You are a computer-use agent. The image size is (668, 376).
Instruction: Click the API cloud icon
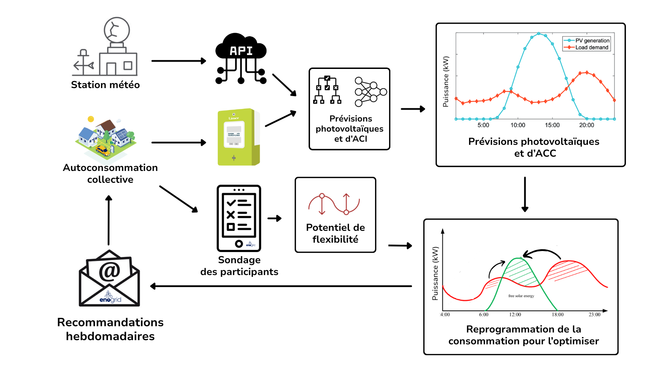[x=241, y=57]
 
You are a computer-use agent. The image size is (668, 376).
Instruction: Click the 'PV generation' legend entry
[x=592, y=40]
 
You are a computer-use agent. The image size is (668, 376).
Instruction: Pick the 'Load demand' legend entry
[x=591, y=47]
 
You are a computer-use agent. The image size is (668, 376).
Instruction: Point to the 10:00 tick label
[x=518, y=125]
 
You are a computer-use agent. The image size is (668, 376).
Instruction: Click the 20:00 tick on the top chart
[x=587, y=125]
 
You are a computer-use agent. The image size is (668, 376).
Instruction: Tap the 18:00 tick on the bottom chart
[x=558, y=314]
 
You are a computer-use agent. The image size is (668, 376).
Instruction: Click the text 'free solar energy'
[x=521, y=296]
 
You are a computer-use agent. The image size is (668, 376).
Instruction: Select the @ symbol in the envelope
[x=109, y=271]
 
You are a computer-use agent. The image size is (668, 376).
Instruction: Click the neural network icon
[x=370, y=92]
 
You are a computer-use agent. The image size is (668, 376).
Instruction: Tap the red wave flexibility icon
[x=334, y=204]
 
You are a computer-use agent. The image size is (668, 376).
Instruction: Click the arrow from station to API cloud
[x=178, y=61]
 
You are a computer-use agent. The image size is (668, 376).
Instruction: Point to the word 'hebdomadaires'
[x=110, y=336]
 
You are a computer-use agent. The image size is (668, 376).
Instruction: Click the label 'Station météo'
[x=105, y=85]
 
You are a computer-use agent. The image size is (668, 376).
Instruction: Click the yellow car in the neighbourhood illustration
[x=103, y=150]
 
